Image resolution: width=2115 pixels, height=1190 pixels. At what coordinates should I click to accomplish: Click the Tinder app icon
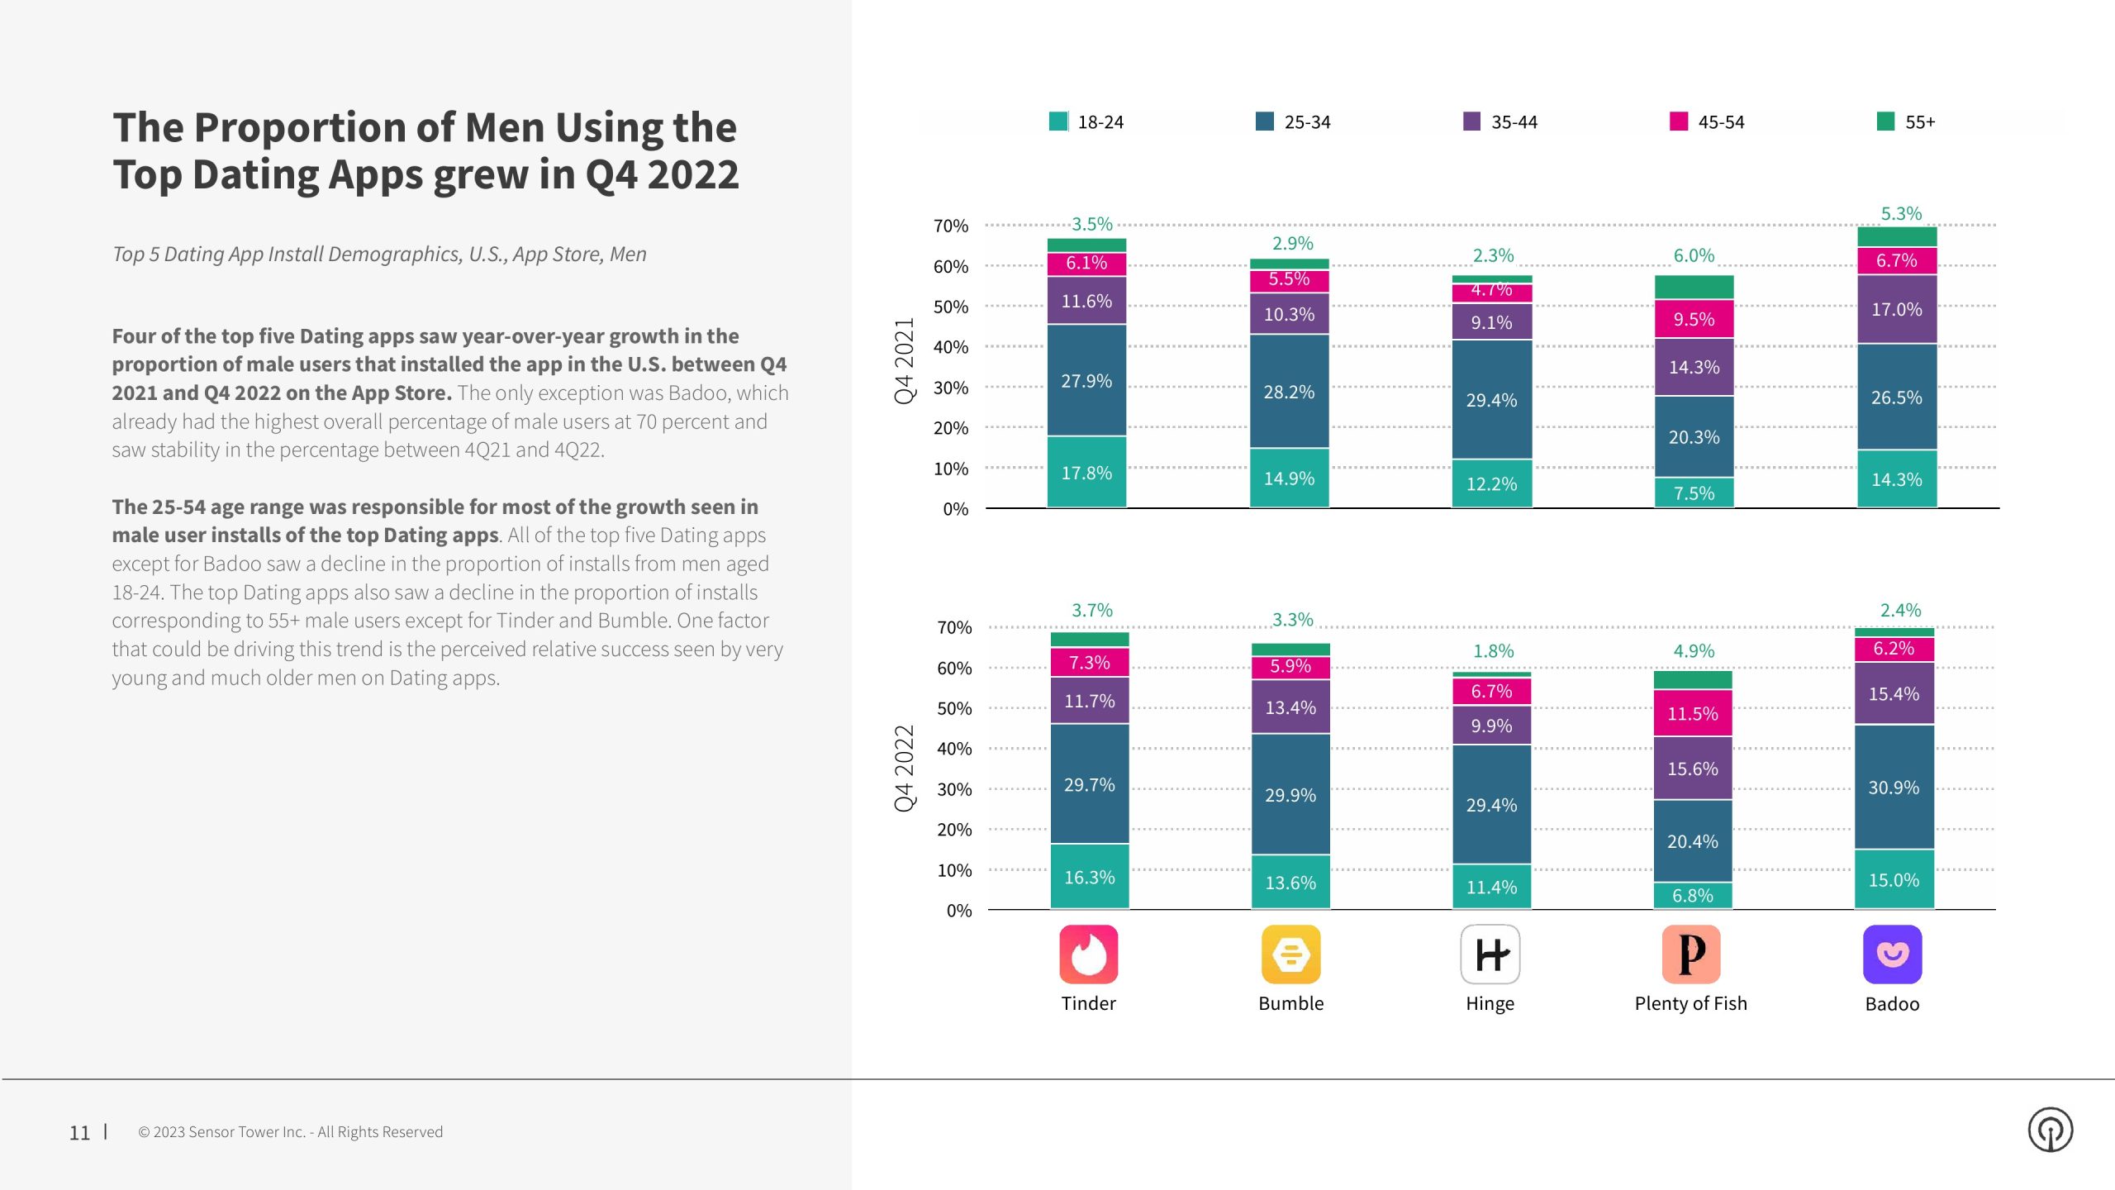(x=1088, y=954)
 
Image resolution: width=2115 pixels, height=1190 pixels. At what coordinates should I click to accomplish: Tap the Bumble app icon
(x=1290, y=954)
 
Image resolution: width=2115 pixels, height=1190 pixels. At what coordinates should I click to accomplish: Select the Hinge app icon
(x=1490, y=954)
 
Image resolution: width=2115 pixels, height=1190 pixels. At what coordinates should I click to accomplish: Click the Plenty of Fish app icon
(x=1691, y=954)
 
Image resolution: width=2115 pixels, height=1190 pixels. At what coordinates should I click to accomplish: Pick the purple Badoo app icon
(x=1892, y=954)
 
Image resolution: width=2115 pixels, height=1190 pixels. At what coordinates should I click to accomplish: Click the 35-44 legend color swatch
(x=1471, y=121)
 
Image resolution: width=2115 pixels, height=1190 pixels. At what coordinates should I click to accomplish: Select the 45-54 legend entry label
(x=1721, y=122)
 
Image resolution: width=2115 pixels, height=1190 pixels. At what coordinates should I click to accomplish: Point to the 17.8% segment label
(x=1086, y=473)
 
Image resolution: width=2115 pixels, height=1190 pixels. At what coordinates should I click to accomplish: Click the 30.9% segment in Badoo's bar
(x=1894, y=787)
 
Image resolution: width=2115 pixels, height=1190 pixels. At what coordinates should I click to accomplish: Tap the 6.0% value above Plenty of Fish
(x=1694, y=255)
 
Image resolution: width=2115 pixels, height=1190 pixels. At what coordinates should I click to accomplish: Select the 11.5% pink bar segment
(x=1692, y=712)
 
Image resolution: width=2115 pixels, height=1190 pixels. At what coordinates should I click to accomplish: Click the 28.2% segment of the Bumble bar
(x=1289, y=392)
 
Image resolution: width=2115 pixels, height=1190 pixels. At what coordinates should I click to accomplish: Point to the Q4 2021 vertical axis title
(x=905, y=360)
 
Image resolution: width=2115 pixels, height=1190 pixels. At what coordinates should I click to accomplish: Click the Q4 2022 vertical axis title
(x=905, y=768)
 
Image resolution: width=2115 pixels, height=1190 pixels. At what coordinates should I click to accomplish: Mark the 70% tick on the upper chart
(x=950, y=226)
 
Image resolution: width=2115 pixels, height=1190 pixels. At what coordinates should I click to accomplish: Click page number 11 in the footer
(x=79, y=1132)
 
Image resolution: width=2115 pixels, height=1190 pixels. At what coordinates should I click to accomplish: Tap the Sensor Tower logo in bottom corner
(x=2051, y=1130)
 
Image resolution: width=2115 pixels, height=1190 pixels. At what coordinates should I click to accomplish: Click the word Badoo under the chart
(x=1892, y=1004)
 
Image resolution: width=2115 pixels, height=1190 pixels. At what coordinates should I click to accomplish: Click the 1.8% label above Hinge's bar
(x=1493, y=650)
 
